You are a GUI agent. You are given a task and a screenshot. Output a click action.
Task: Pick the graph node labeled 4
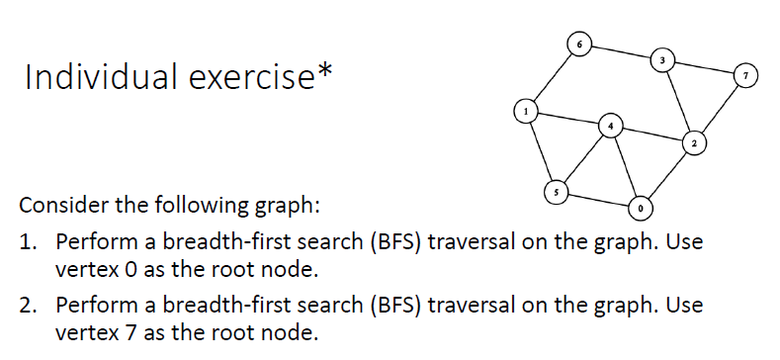(x=611, y=127)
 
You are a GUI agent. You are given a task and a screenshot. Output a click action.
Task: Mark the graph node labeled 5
(x=557, y=190)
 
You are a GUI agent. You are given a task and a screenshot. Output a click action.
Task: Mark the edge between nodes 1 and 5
(x=542, y=150)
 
